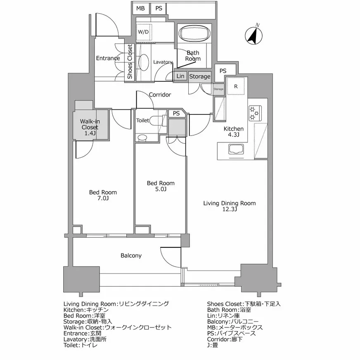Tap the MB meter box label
(x=141, y=8)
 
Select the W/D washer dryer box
(x=143, y=32)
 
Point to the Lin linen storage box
(x=180, y=76)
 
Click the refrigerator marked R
(x=236, y=86)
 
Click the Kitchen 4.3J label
(x=234, y=132)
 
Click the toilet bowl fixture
(x=156, y=121)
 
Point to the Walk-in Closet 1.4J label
(x=90, y=127)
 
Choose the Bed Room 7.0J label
(x=103, y=195)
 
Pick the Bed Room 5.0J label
(x=161, y=186)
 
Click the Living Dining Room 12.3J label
(x=229, y=206)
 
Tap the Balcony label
(x=131, y=256)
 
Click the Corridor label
(x=160, y=95)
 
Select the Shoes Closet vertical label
(x=130, y=62)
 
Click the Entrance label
(x=108, y=58)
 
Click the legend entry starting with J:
(x=213, y=345)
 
